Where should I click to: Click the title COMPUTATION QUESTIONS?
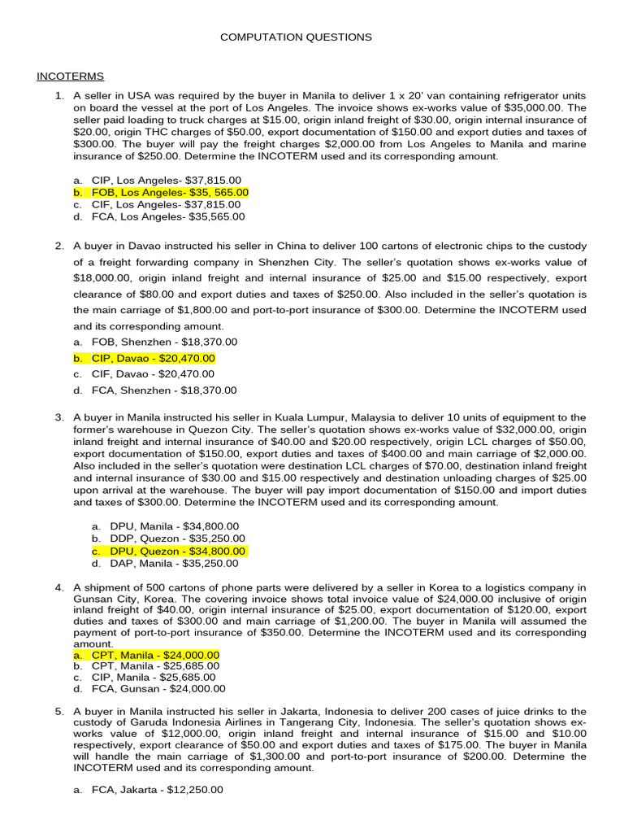pyautogui.click(x=297, y=37)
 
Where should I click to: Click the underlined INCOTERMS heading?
pyautogui.click(x=70, y=76)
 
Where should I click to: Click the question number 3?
pyautogui.click(x=59, y=417)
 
